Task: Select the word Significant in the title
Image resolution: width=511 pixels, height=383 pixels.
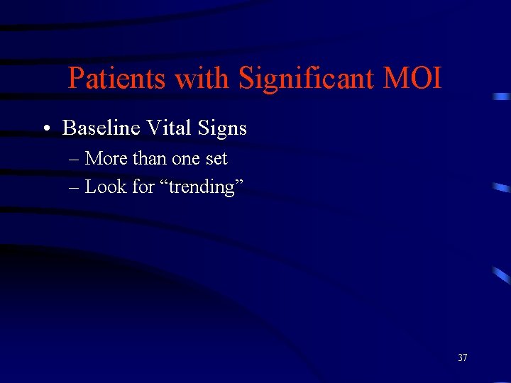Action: tap(307, 79)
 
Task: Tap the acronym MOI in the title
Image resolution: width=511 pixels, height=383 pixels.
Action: tap(412, 78)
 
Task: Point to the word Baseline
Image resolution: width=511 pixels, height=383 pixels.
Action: tap(101, 128)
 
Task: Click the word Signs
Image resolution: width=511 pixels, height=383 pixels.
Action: tap(221, 129)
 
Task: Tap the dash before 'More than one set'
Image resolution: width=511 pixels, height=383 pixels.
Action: tap(75, 159)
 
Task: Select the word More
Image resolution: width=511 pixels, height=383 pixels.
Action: tap(104, 158)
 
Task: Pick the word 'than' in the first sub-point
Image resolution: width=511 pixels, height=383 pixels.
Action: tap(146, 158)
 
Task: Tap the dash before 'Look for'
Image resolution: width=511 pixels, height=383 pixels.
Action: tap(75, 187)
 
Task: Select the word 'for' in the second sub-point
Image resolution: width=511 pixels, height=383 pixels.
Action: tap(143, 187)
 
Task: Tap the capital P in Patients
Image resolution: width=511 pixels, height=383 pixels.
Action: tap(75, 78)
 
